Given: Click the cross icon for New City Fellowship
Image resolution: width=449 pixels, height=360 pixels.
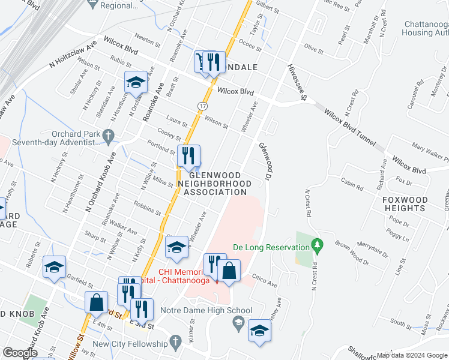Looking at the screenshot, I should (x=175, y=344).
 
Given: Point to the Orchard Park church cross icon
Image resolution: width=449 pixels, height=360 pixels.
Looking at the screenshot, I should (x=108, y=136).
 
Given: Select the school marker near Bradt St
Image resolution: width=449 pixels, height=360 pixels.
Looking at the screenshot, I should (x=136, y=82).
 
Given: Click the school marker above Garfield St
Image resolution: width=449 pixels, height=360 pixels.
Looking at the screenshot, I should (x=54, y=267).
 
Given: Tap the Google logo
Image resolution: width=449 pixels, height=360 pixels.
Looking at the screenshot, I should (x=20, y=353).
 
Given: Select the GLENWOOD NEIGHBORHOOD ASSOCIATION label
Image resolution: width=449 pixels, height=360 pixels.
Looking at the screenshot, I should (x=215, y=183).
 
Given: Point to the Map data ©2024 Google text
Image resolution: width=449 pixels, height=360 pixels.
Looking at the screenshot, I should (x=412, y=355).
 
